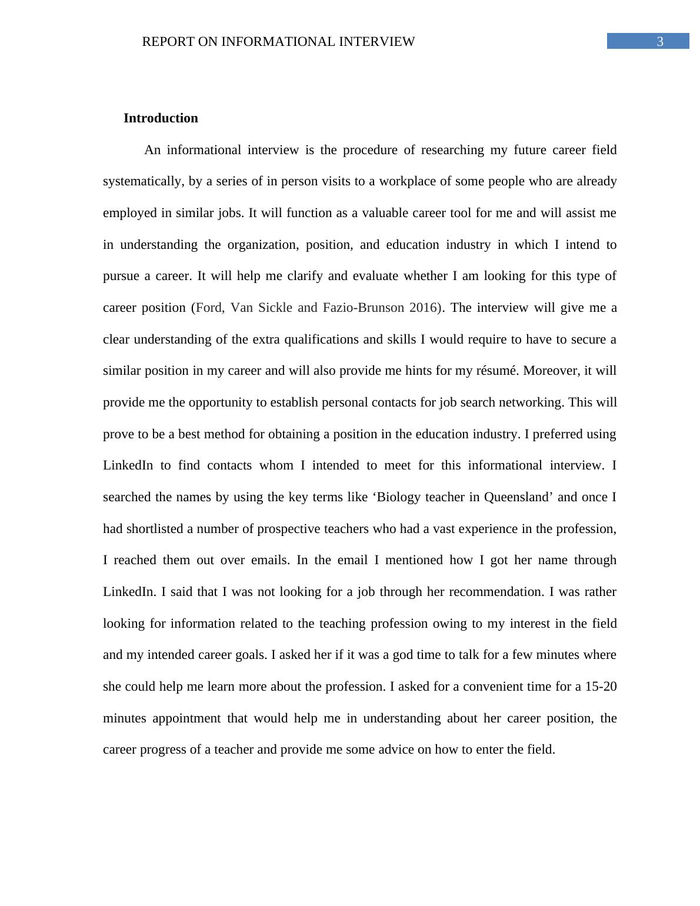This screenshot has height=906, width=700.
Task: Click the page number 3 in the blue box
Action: click(x=660, y=41)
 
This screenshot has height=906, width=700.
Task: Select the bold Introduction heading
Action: click(x=161, y=118)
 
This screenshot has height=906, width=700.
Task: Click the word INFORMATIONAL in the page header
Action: click(x=276, y=42)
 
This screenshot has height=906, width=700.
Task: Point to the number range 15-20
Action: click(x=601, y=687)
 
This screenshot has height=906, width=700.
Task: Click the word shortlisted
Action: click(x=155, y=529)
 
